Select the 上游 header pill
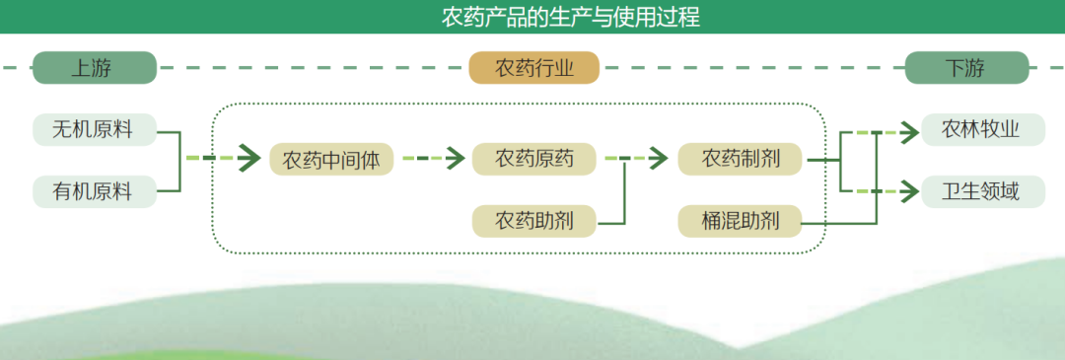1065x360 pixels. [95, 68]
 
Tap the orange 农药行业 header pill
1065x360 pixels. [533, 68]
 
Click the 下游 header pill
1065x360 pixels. [965, 68]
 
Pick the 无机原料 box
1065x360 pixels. [95, 129]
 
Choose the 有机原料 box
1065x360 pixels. [95, 190]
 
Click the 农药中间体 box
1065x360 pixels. [331, 159]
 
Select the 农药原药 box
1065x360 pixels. [533, 159]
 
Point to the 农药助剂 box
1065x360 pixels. [533, 220]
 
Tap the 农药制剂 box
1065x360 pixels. [741, 159]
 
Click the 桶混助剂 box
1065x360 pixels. [741, 220]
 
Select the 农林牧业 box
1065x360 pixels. [981, 129]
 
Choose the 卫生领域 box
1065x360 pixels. [981, 190]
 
